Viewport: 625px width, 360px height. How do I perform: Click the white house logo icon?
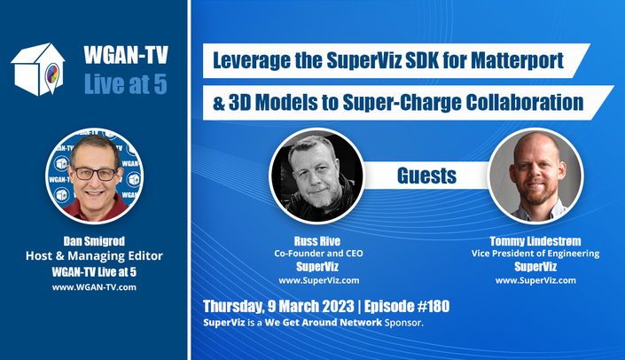coord(38,69)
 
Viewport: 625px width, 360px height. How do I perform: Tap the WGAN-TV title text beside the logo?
coord(126,55)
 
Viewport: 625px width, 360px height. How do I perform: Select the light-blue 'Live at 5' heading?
coord(126,84)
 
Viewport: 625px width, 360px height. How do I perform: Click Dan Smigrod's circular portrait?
coord(95,176)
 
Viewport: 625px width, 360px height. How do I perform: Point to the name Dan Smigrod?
coord(94,241)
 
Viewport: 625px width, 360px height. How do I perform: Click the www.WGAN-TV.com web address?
coord(94,287)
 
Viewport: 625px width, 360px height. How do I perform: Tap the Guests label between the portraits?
coord(426,176)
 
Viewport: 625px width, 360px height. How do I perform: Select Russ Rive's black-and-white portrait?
coord(316,176)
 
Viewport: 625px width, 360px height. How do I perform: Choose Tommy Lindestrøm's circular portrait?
coord(536,176)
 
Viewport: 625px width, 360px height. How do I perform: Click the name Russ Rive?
coord(317,241)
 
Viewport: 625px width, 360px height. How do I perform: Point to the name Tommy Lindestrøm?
coord(535,241)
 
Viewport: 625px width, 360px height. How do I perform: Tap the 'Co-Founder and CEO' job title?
coord(318,254)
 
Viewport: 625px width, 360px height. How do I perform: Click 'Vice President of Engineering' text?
coord(535,254)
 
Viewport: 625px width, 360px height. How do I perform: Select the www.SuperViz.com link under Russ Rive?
coord(319,280)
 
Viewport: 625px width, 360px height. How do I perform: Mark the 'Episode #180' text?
coord(407,306)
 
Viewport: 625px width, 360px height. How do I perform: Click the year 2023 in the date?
coord(338,306)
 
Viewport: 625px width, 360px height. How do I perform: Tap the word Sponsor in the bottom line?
coord(403,323)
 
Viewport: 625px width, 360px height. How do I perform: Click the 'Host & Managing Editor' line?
coord(94,256)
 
